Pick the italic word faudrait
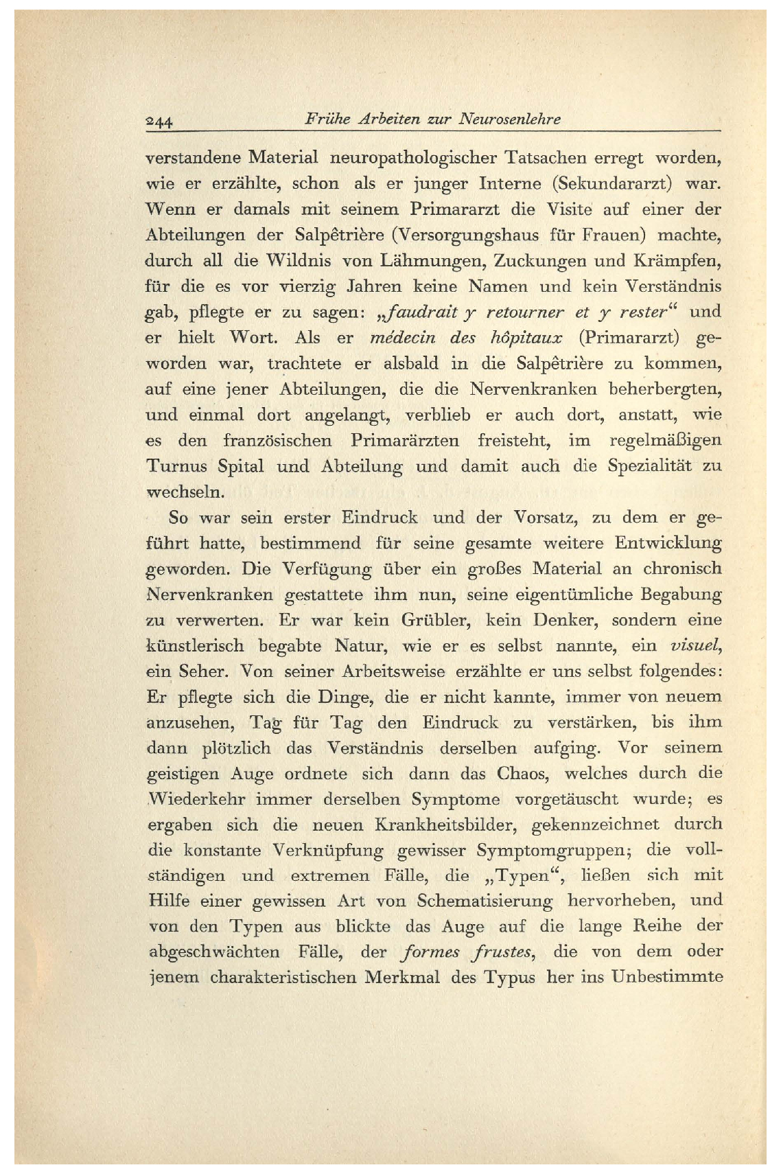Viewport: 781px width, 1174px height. coord(419,312)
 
